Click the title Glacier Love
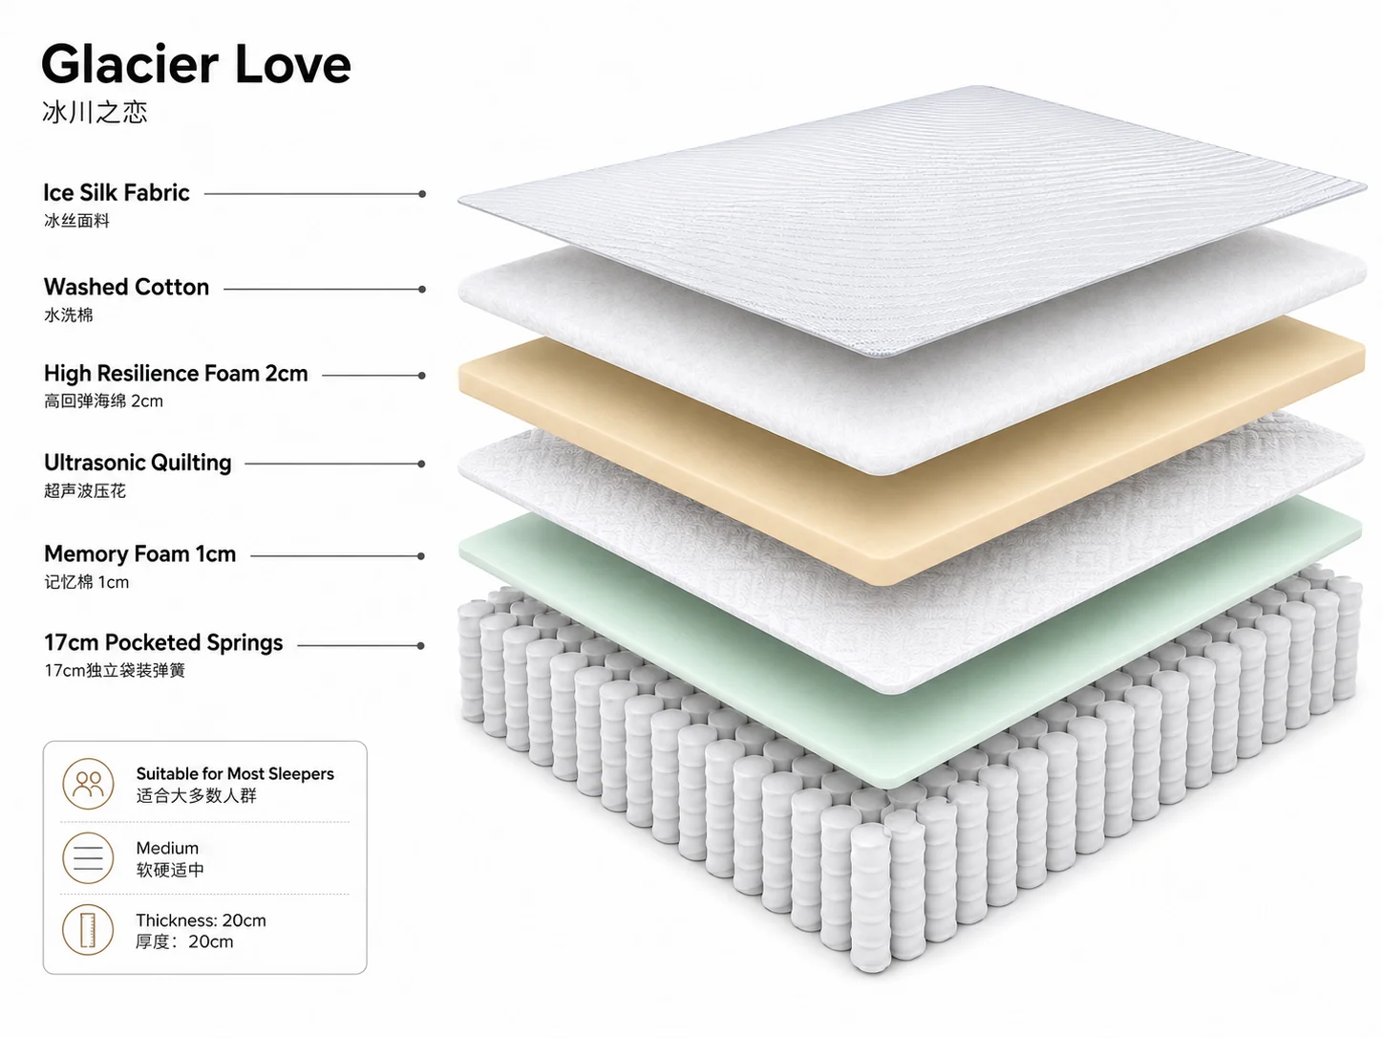click(x=196, y=64)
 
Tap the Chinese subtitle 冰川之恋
click(x=96, y=112)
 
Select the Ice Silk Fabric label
click(x=117, y=193)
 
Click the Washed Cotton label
click(x=127, y=288)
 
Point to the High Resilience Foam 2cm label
click(x=176, y=374)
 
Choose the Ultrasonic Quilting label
click(x=138, y=463)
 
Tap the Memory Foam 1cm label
click(x=139, y=554)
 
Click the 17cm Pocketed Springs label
click(x=163, y=643)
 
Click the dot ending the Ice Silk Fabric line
click(x=422, y=194)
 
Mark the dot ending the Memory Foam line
click(x=421, y=556)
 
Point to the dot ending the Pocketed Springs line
click(x=421, y=645)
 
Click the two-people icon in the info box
click(x=88, y=784)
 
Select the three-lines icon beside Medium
click(x=88, y=857)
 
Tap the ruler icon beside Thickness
click(x=88, y=930)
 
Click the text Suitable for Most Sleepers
click(x=235, y=774)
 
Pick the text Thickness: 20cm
click(x=201, y=920)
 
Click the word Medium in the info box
click(x=167, y=849)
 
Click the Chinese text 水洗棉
click(x=69, y=314)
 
